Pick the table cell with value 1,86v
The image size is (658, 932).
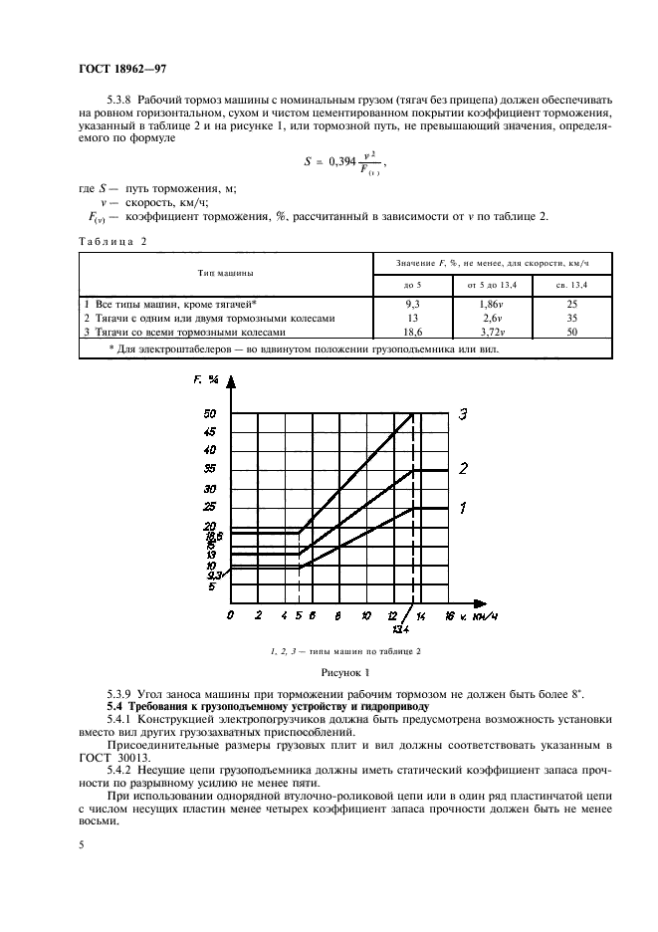click(x=488, y=304)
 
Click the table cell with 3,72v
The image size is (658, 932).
click(x=488, y=333)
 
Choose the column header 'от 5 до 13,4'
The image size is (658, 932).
click(x=488, y=286)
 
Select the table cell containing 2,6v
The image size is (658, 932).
click(x=488, y=318)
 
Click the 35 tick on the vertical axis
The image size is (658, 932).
click(x=210, y=467)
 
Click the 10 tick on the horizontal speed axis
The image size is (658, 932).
click(x=366, y=616)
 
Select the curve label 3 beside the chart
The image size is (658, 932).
click(x=463, y=414)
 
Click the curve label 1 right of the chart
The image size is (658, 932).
click(x=463, y=509)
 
